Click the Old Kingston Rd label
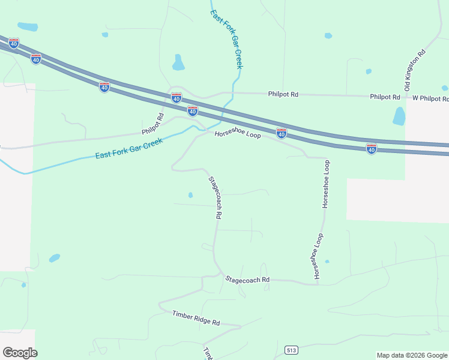415,70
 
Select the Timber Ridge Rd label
196,318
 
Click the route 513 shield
292,350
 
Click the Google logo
20,352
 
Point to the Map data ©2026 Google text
411,355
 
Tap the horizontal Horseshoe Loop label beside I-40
238,136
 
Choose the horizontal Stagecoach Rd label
247,280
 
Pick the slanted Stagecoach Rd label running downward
215,197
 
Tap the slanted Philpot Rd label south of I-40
153,124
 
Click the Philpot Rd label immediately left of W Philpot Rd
385,97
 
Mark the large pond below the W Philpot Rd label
399,116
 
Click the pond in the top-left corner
27,27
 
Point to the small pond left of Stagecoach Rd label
190,195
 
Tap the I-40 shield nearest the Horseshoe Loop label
281,133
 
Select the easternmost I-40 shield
372,148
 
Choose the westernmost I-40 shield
14,43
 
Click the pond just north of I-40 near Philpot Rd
178,62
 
